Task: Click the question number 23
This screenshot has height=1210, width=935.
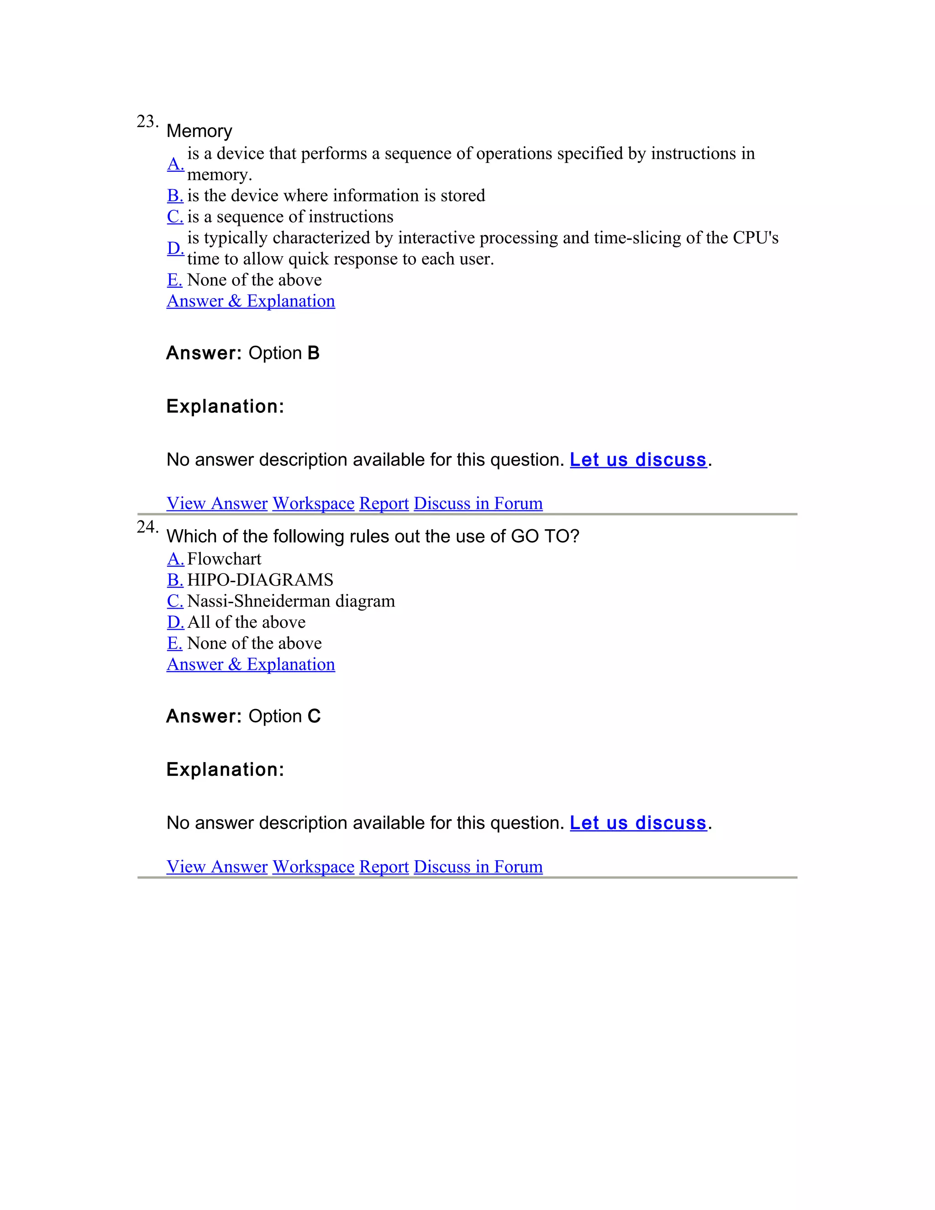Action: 147,121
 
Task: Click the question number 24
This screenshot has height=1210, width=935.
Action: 147,527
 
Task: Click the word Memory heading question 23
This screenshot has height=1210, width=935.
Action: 200,132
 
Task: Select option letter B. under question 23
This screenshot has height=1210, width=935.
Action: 175,195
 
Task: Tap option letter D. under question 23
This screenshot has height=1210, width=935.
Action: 175,248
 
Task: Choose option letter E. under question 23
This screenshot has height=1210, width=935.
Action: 174,280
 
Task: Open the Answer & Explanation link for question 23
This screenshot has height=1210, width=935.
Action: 251,301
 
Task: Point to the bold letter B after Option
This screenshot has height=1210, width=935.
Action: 314,353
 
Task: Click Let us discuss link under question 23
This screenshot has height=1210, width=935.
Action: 638,460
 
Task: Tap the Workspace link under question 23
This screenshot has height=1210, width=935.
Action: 314,503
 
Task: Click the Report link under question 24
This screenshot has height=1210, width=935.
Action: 384,867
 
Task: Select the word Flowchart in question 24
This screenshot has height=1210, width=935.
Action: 224,559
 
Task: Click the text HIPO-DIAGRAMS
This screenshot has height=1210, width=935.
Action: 260,580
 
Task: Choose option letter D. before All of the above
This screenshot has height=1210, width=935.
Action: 175,622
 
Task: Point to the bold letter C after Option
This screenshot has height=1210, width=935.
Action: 314,716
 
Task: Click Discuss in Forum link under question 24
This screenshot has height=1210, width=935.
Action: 478,867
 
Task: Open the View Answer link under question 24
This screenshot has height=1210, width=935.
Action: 217,867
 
